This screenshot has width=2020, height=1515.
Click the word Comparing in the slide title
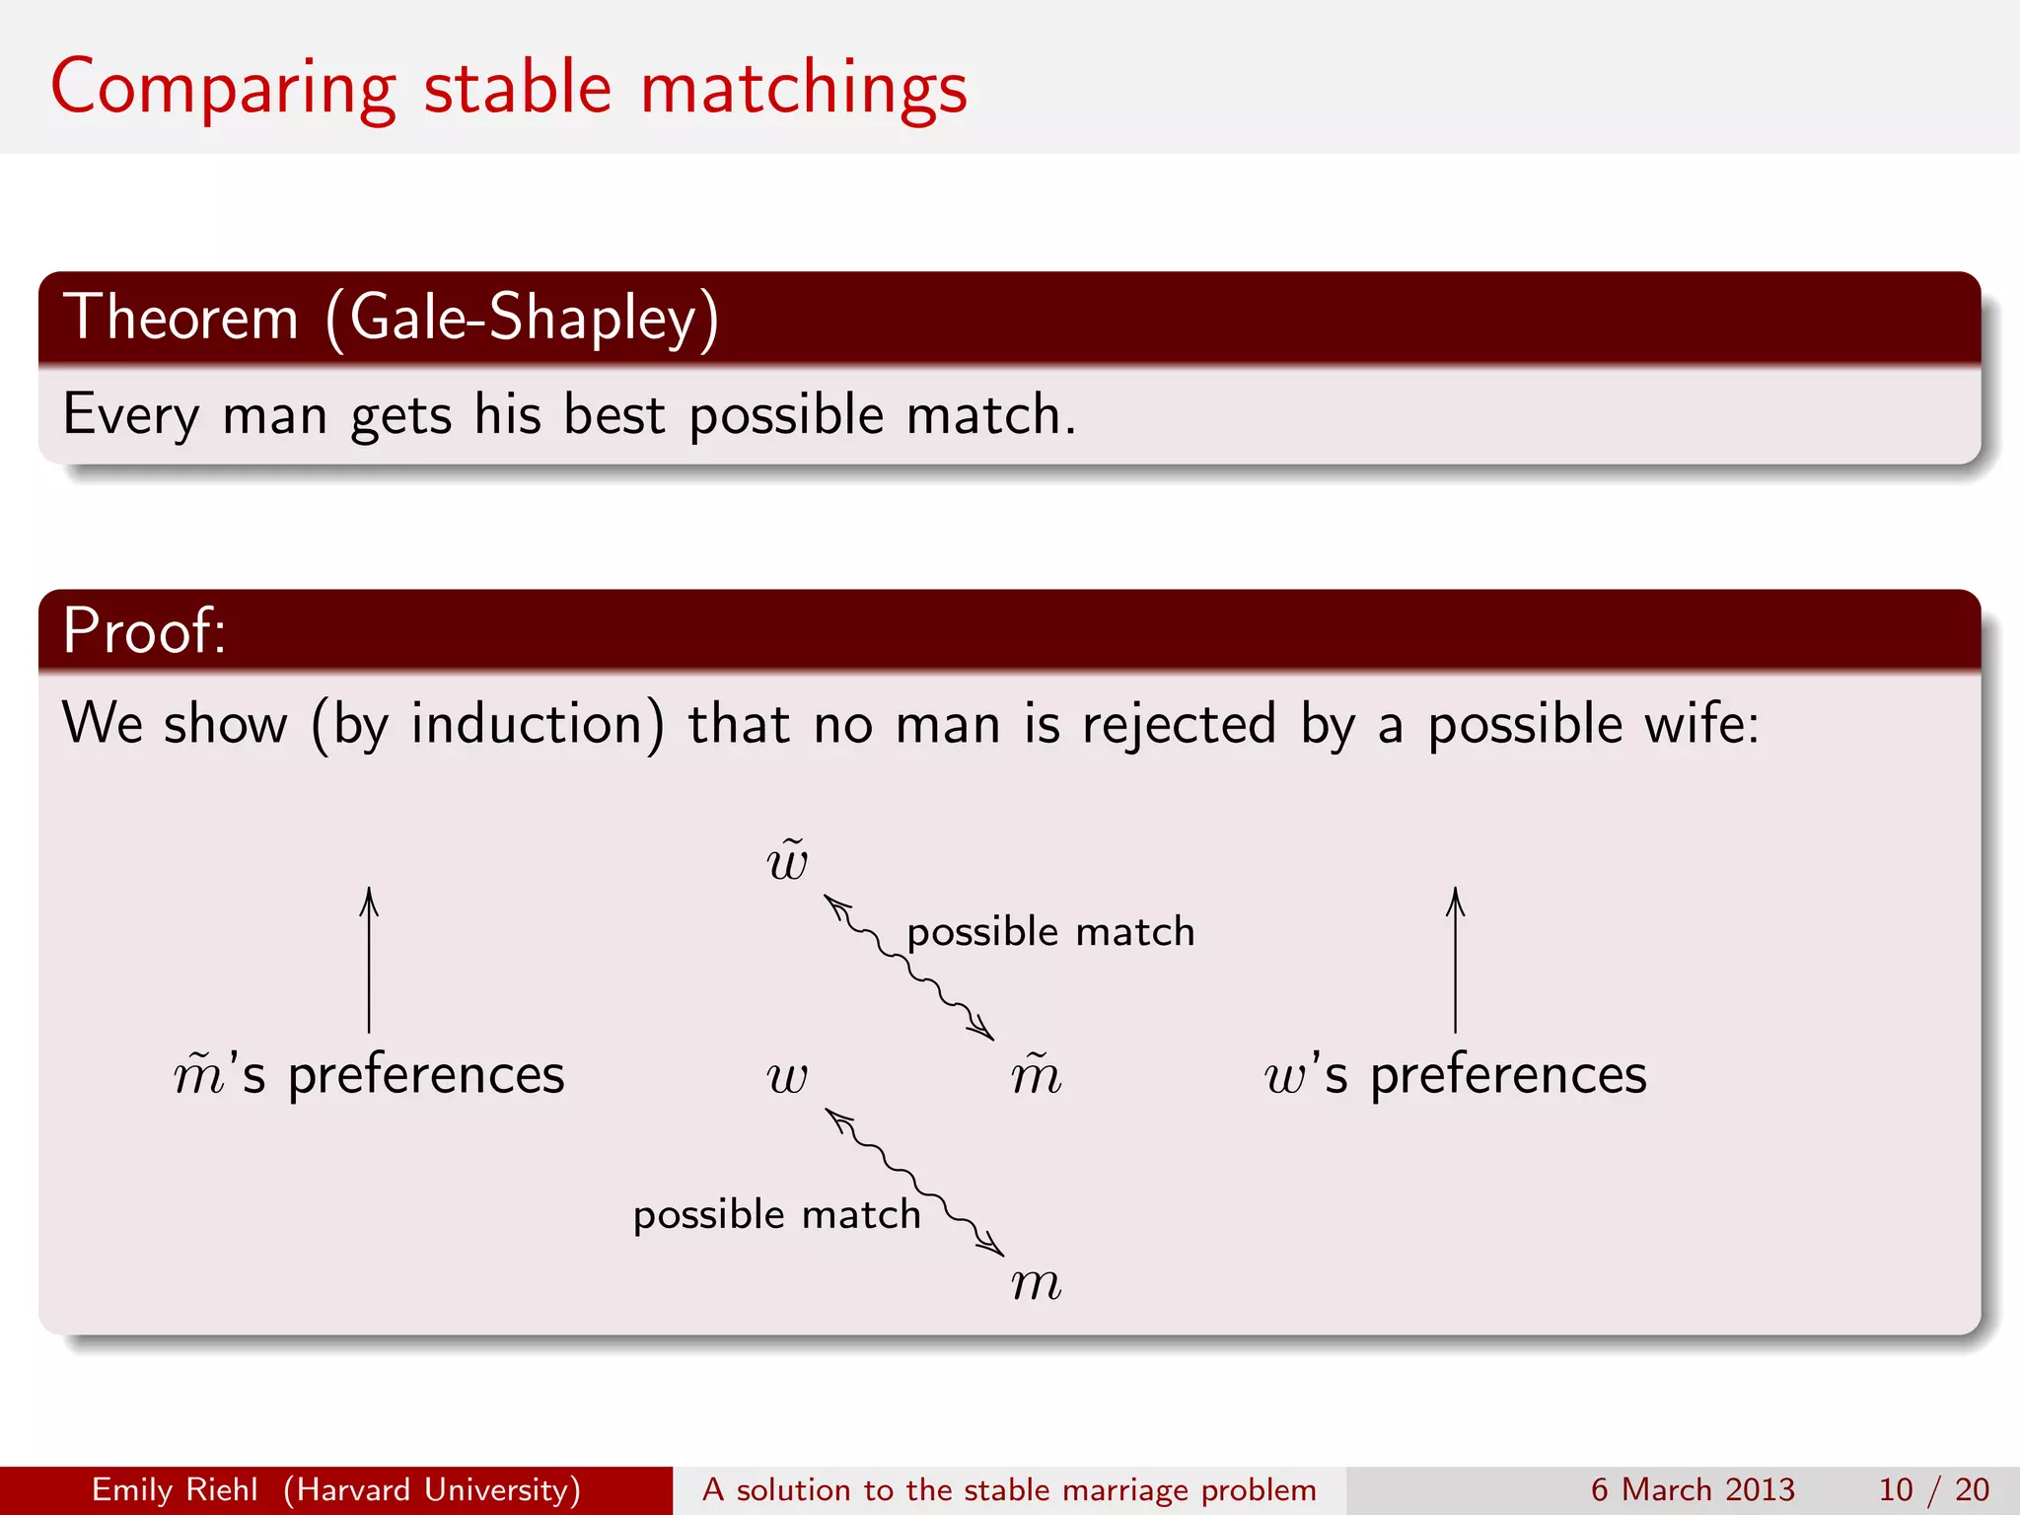tap(223, 89)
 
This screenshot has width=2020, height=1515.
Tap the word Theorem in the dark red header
tap(180, 318)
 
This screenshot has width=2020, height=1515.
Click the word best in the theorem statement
tap(613, 414)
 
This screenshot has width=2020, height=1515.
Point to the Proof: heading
tap(144, 630)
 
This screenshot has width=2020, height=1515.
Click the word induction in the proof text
tap(527, 724)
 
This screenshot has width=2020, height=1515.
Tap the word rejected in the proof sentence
tap(1179, 724)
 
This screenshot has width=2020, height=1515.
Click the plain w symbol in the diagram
tap(787, 1077)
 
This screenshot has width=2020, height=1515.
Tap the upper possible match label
tap(1050, 932)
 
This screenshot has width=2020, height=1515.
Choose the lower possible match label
tap(776, 1215)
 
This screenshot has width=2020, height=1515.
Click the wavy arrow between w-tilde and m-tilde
tap(909, 968)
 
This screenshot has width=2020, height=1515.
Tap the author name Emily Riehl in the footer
tap(175, 1489)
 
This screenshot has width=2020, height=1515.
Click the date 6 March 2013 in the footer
tap(1693, 1489)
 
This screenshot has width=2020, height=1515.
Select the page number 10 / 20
tap(1933, 1489)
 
